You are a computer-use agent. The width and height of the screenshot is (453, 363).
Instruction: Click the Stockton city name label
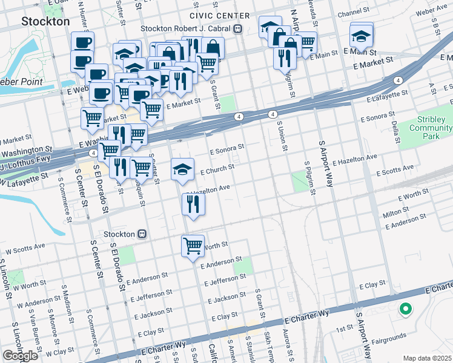coord(45,21)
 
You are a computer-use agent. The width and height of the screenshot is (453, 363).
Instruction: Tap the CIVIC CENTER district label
coord(219,16)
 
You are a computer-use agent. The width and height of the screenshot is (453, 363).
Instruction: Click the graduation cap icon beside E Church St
coord(182,170)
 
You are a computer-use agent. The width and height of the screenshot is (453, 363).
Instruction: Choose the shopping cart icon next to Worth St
coord(193,246)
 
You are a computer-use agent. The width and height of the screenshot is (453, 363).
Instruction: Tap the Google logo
coord(20,356)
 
